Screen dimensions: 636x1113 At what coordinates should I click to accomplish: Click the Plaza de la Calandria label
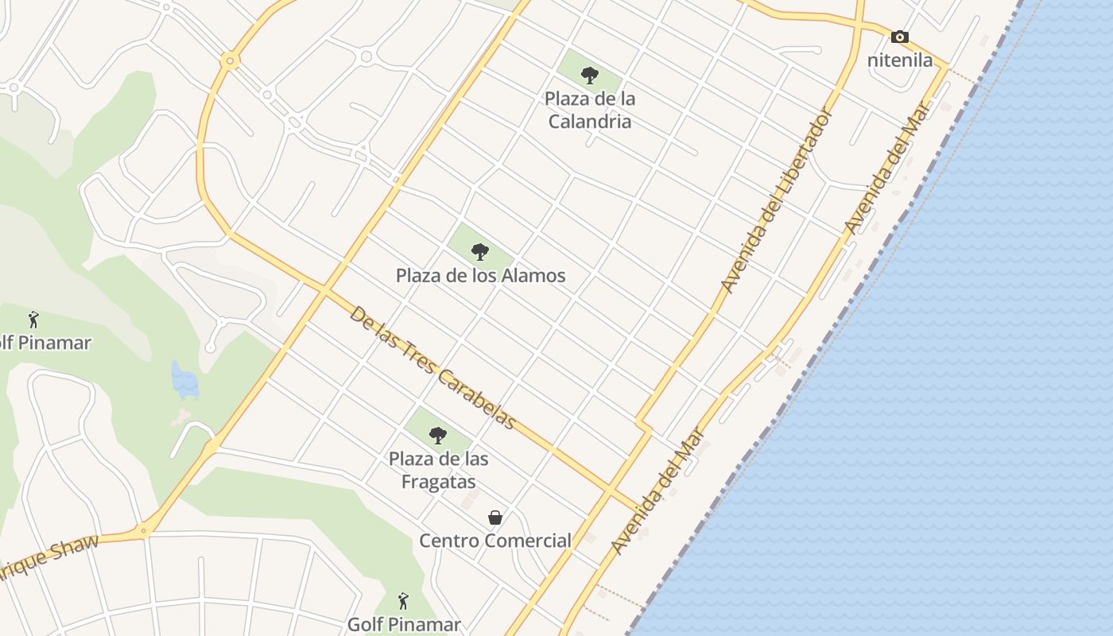[589, 110]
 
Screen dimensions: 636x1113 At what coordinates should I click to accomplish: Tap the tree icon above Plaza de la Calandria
[589, 76]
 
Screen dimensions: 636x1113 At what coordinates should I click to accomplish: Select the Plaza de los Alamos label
[480, 276]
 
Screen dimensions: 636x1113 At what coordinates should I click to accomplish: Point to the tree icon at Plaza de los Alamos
[479, 252]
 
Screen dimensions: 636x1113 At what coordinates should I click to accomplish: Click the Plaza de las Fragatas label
[438, 470]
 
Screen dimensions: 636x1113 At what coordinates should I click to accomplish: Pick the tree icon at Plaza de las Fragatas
[437, 435]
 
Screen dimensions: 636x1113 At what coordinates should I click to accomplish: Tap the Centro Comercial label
[494, 541]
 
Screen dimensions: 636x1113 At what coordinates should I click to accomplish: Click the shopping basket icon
[495, 518]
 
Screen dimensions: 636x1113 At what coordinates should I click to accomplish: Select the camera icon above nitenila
[899, 37]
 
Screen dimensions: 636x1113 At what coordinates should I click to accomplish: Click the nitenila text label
[899, 60]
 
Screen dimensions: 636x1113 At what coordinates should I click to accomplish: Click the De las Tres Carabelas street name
[432, 367]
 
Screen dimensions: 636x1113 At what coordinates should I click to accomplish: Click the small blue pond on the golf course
[184, 380]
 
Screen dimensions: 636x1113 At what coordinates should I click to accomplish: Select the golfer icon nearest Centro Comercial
[403, 601]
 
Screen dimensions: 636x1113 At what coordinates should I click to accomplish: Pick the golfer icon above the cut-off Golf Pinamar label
[33, 320]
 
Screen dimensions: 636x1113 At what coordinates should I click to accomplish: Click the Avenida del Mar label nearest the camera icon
[888, 167]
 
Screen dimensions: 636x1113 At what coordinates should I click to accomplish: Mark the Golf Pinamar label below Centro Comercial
[404, 624]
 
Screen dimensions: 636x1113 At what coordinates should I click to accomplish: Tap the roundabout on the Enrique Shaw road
[144, 530]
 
